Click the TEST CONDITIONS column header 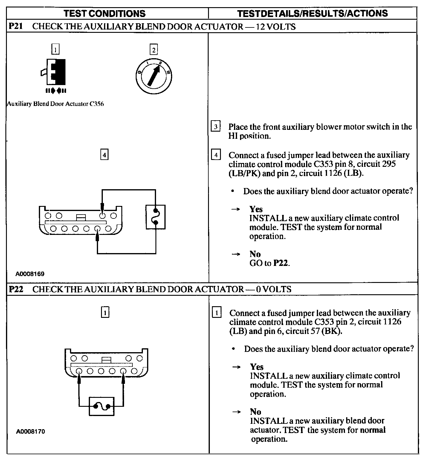105,13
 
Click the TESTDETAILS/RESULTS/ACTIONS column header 312,13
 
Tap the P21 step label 16,26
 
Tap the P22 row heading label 16,289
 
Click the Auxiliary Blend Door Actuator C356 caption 56,104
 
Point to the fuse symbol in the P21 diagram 155,217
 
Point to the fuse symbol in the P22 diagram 102,406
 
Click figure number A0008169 30,274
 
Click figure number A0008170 30,432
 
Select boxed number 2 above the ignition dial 154,50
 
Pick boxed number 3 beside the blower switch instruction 216,127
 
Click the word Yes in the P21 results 256,209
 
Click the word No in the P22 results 256,412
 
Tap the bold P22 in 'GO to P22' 281,263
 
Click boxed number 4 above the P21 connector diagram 104,155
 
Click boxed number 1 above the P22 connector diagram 105,313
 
